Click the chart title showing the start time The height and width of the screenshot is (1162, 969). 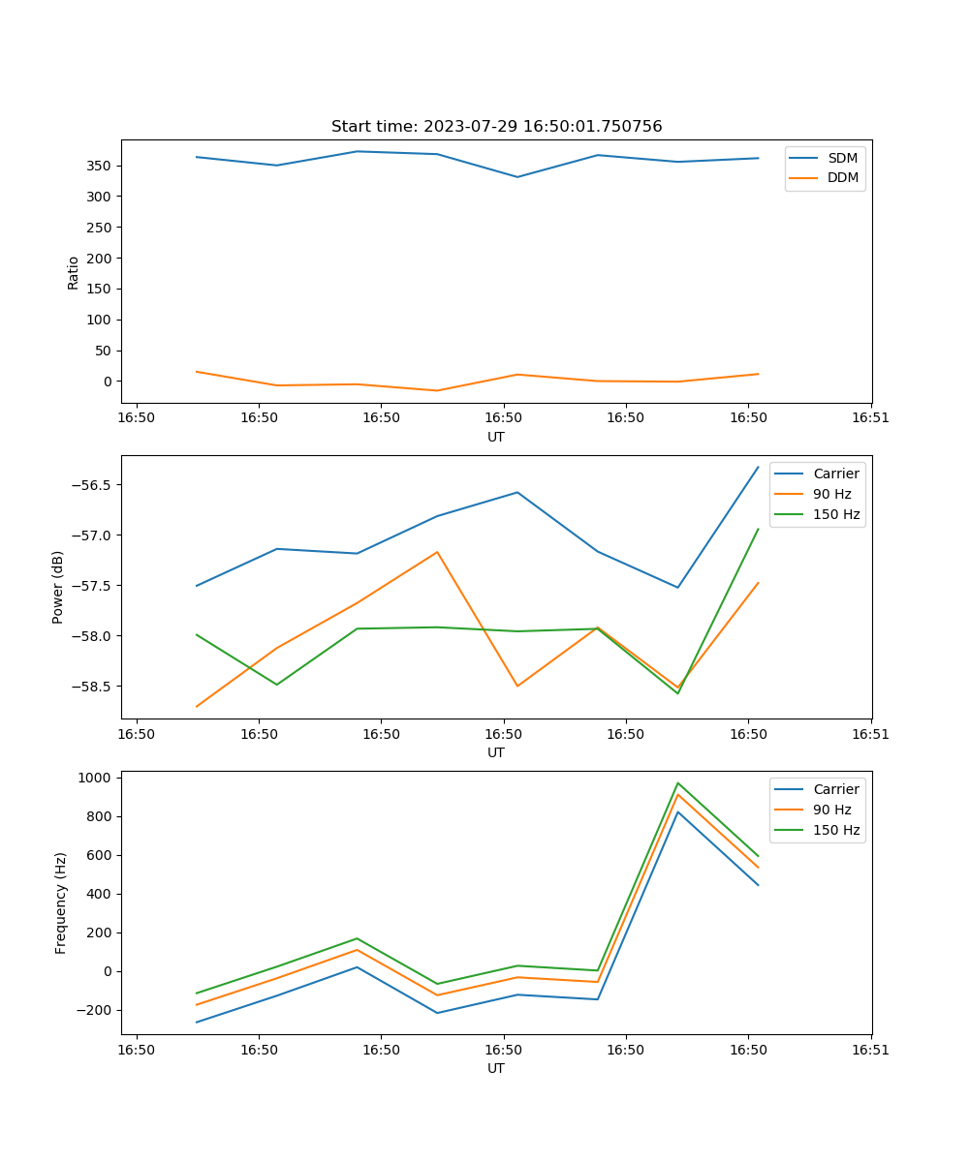(496, 127)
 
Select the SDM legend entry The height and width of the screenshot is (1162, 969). (842, 158)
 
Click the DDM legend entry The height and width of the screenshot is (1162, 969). (842, 177)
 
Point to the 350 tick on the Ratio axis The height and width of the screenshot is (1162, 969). (98, 166)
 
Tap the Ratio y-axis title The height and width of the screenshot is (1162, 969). (73, 272)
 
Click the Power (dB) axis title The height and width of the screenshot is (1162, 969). (58, 587)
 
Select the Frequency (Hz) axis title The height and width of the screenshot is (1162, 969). (60, 902)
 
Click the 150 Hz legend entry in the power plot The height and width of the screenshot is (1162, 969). (836, 514)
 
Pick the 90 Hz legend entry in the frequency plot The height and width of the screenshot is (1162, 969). (831, 810)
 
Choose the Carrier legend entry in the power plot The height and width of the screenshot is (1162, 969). (835, 474)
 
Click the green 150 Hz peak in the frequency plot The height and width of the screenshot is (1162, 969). (678, 782)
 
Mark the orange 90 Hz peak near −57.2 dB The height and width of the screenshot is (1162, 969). (437, 552)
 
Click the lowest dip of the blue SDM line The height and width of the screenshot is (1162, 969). (517, 177)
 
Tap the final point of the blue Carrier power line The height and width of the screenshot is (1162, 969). (758, 468)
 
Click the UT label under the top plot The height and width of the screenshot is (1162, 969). (496, 437)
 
